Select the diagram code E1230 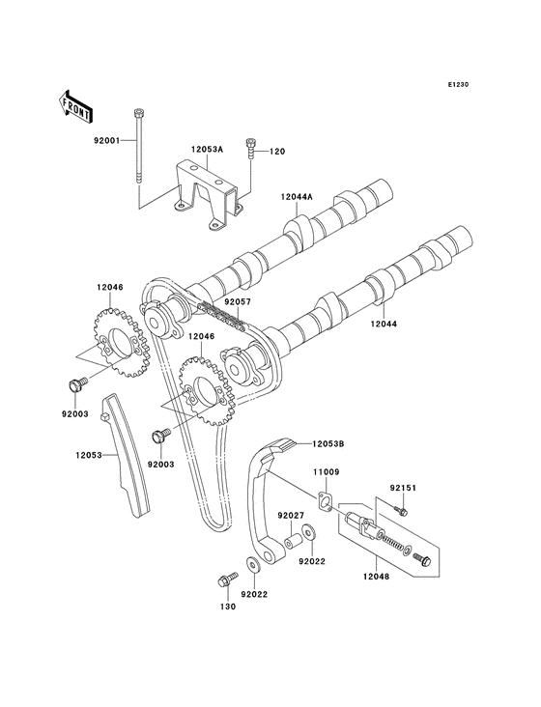(458, 85)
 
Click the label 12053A (208, 150)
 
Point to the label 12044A (298, 197)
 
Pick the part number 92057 (238, 301)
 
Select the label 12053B (328, 443)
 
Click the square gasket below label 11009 (329, 503)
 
